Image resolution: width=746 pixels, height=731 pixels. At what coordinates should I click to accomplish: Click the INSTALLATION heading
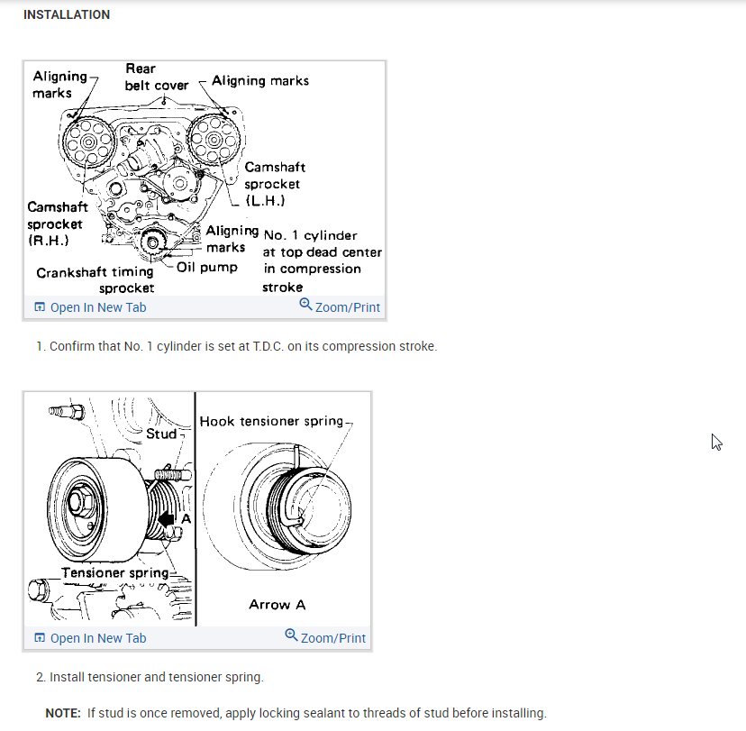67,14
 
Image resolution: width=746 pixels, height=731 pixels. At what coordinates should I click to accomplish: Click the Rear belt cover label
157,77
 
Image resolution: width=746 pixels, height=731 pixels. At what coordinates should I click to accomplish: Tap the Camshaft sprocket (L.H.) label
274,184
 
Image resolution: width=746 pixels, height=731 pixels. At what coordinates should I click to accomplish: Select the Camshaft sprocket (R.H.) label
57,224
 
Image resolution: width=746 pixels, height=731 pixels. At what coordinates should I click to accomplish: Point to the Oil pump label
207,268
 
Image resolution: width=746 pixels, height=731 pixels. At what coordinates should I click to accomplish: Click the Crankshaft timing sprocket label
96,279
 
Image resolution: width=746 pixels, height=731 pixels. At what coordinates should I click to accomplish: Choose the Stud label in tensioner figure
161,434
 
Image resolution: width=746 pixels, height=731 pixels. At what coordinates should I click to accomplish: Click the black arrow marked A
168,519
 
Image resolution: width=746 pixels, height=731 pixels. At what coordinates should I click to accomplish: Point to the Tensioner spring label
114,572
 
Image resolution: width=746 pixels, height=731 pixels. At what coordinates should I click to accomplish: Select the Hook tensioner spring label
272,421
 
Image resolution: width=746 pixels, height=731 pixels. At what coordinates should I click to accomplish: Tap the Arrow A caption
277,605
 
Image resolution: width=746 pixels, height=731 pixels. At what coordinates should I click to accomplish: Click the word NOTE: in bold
63,713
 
